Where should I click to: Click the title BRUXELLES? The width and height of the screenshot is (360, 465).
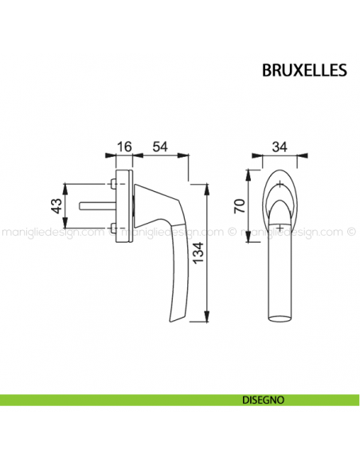pos(303,70)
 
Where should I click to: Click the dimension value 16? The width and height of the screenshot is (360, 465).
pos(123,146)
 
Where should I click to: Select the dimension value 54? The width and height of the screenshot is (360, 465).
pos(160,146)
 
